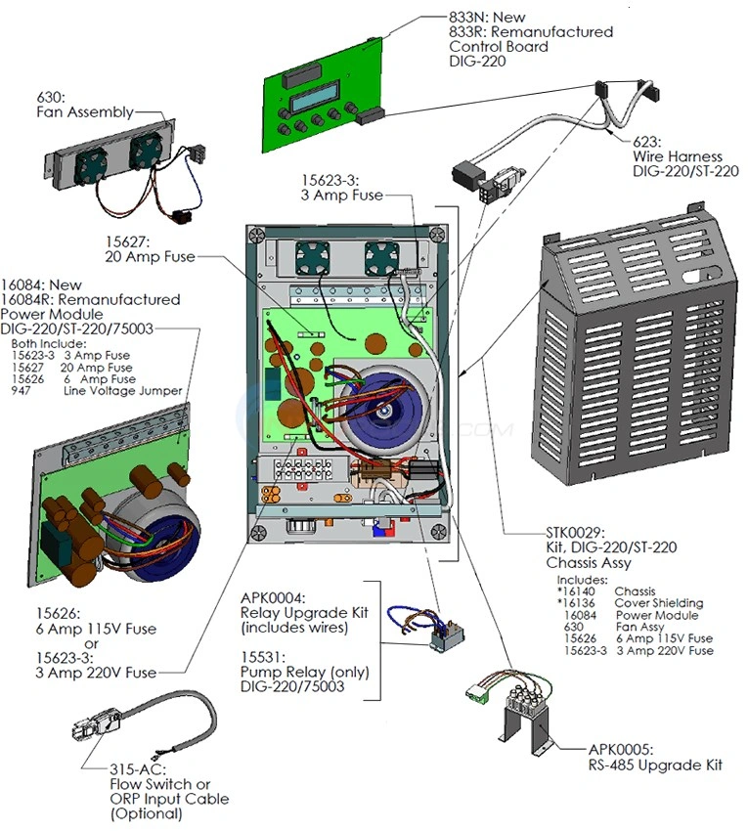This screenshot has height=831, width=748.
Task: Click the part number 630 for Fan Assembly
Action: tap(49, 97)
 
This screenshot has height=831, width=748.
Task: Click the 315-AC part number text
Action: tap(133, 769)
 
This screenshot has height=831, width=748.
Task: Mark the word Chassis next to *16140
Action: tap(636, 591)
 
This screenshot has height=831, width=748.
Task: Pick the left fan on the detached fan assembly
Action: tap(91, 157)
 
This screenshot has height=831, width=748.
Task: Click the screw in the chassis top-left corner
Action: tap(257, 235)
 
